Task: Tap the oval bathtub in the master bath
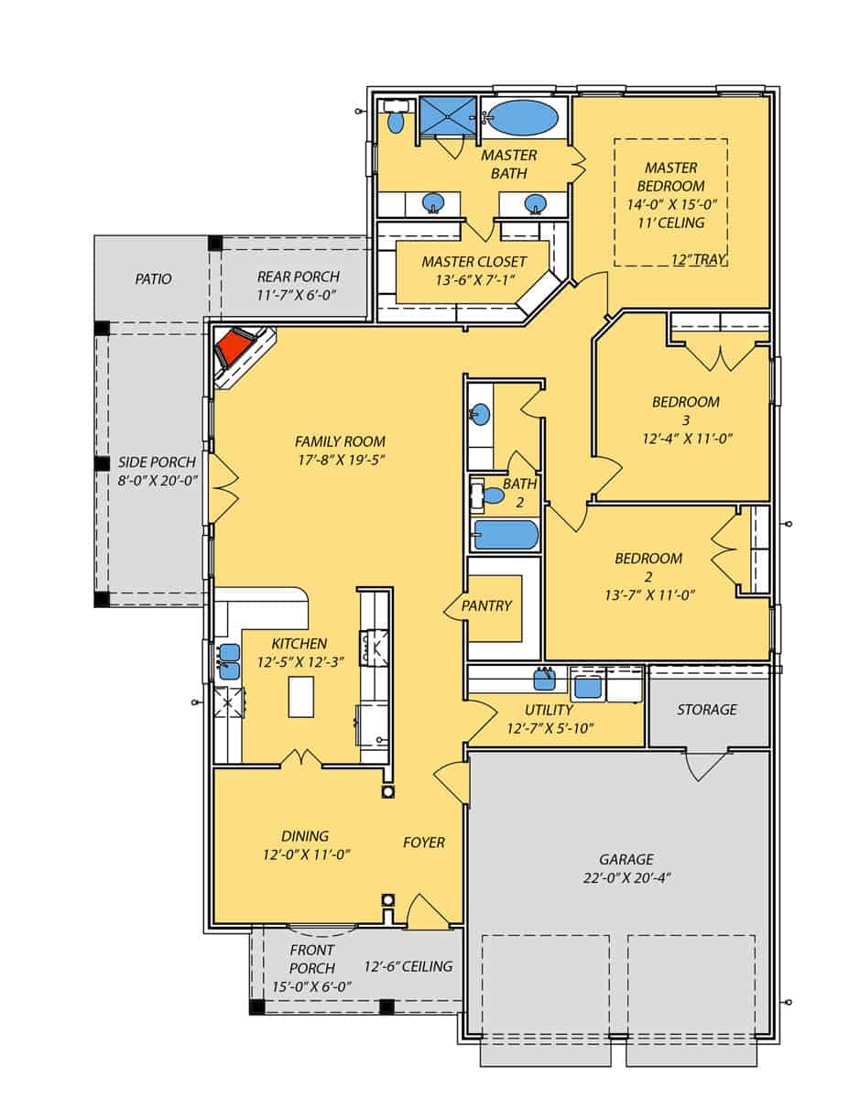pos(521,118)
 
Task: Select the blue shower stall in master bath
pos(447,115)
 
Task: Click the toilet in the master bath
pos(397,120)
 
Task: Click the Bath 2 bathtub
pos(506,534)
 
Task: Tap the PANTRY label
pos(486,605)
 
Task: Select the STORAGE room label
pos(706,710)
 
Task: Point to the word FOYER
pos(424,843)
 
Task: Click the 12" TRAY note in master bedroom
pos(699,259)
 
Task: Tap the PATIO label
pos(153,278)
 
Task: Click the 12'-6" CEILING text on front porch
pos(408,966)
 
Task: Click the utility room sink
pos(545,679)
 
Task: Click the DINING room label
pos(305,835)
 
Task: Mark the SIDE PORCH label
pos(157,462)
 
